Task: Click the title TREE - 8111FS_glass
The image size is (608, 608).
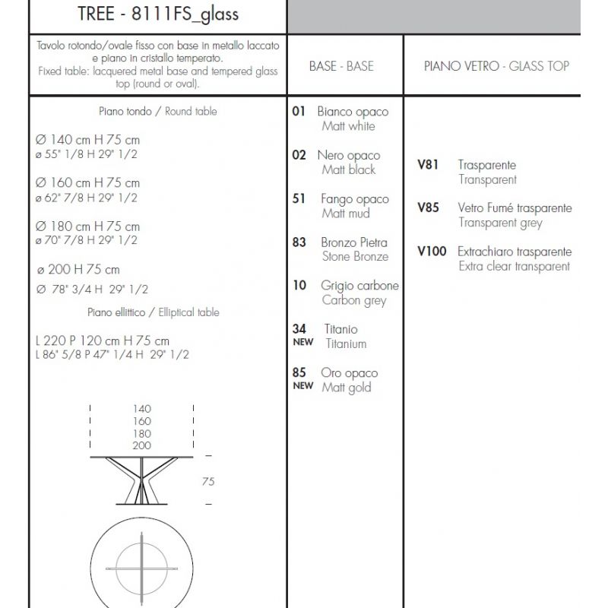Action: [158, 14]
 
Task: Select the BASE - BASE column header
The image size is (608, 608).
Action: [341, 66]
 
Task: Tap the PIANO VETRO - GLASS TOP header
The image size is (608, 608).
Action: [496, 66]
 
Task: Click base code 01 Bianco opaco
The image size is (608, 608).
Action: [299, 111]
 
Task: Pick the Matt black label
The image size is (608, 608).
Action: [348, 170]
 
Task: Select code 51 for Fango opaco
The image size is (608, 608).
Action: [299, 198]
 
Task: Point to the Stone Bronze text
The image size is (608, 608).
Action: [355, 257]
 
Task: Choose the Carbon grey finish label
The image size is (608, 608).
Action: [353, 300]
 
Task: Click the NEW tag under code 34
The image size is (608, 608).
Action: [302, 343]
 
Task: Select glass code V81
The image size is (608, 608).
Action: [428, 164]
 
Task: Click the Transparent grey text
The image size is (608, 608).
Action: [500, 223]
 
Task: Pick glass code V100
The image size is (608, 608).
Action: [432, 252]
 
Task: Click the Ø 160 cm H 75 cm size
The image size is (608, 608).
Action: [87, 183]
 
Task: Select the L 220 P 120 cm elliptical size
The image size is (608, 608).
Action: [102, 341]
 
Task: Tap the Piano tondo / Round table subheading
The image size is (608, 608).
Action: [157, 111]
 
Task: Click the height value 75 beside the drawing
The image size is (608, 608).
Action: [207, 480]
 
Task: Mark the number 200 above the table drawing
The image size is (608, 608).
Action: [141, 445]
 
